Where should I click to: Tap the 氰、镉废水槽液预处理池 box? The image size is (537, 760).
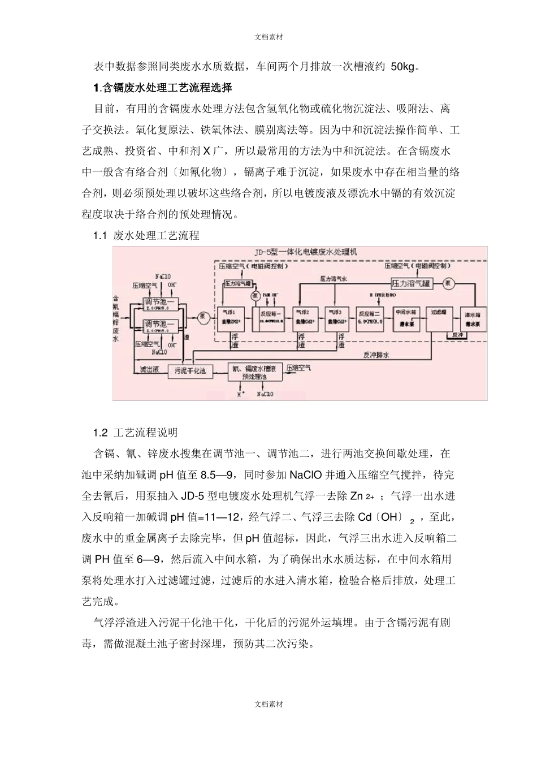click(255, 372)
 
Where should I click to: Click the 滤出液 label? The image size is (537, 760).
click(150, 370)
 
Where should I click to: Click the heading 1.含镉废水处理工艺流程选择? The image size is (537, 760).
click(162, 88)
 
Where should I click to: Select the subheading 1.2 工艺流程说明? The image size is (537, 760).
click(136, 433)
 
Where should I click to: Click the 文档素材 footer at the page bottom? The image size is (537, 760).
click(268, 705)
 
